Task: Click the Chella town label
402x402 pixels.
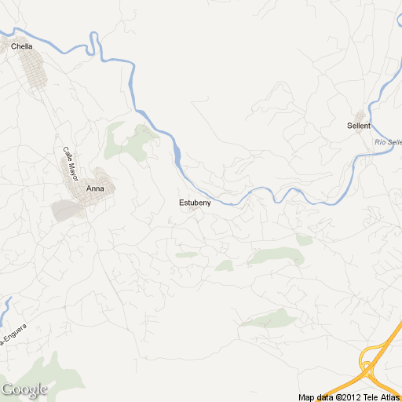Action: (x=22, y=46)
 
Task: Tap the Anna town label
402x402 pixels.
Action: (x=95, y=188)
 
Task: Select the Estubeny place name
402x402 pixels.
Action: (x=195, y=203)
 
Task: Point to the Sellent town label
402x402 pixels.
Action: (x=358, y=126)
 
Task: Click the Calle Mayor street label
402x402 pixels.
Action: (x=71, y=163)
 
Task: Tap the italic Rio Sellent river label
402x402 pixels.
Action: (x=388, y=142)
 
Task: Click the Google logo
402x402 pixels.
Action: (x=24, y=389)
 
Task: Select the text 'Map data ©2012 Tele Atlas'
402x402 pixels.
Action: (x=349, y=397)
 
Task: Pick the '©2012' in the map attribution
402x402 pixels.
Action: (x=346, y=397)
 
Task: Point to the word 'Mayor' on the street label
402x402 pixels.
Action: (x=74, y=168)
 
